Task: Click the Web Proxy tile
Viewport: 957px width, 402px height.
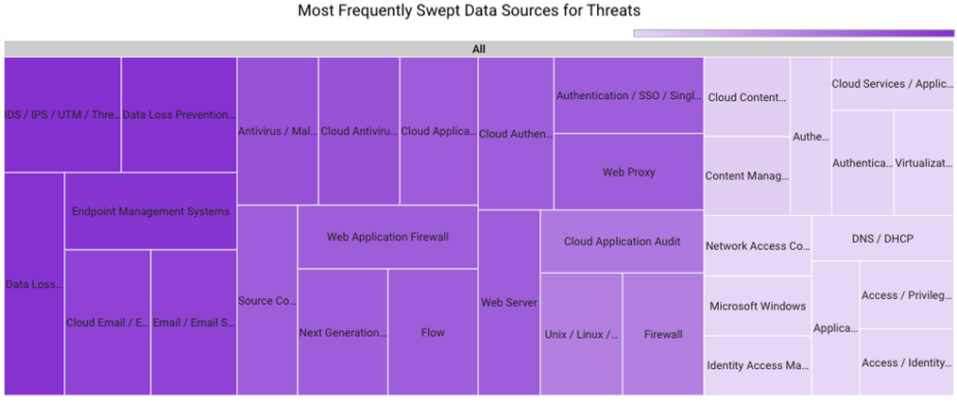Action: pos(628,172)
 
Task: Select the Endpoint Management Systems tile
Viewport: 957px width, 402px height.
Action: pos(150,211)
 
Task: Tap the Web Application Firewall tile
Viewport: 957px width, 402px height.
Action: pos(387,237)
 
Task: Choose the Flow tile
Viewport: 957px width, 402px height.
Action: pos(433,332)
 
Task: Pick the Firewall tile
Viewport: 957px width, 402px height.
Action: pos(663,334)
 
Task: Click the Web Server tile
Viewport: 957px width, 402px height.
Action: pos(508,302)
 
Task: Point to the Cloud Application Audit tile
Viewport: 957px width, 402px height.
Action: pos(621,241)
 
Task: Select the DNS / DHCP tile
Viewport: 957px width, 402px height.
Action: pos(882,238)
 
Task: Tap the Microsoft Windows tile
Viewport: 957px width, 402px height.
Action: pos(757,306)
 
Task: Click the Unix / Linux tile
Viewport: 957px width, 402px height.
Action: pos(580,334)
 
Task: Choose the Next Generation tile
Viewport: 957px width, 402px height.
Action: pos(342,332)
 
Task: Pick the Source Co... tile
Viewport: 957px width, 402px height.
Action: pos(267,300)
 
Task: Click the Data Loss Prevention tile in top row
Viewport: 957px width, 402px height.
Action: pos(179,115)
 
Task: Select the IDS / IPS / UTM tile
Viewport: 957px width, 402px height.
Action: pos(63,115)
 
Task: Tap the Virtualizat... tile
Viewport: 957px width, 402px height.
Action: pos(923,163)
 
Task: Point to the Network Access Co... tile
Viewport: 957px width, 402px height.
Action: pos(757,246)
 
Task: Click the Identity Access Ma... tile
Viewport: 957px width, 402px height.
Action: pos(757,366)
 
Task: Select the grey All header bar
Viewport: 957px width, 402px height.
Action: pos(478,49)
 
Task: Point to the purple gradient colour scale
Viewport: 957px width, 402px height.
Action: pos(793,34)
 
